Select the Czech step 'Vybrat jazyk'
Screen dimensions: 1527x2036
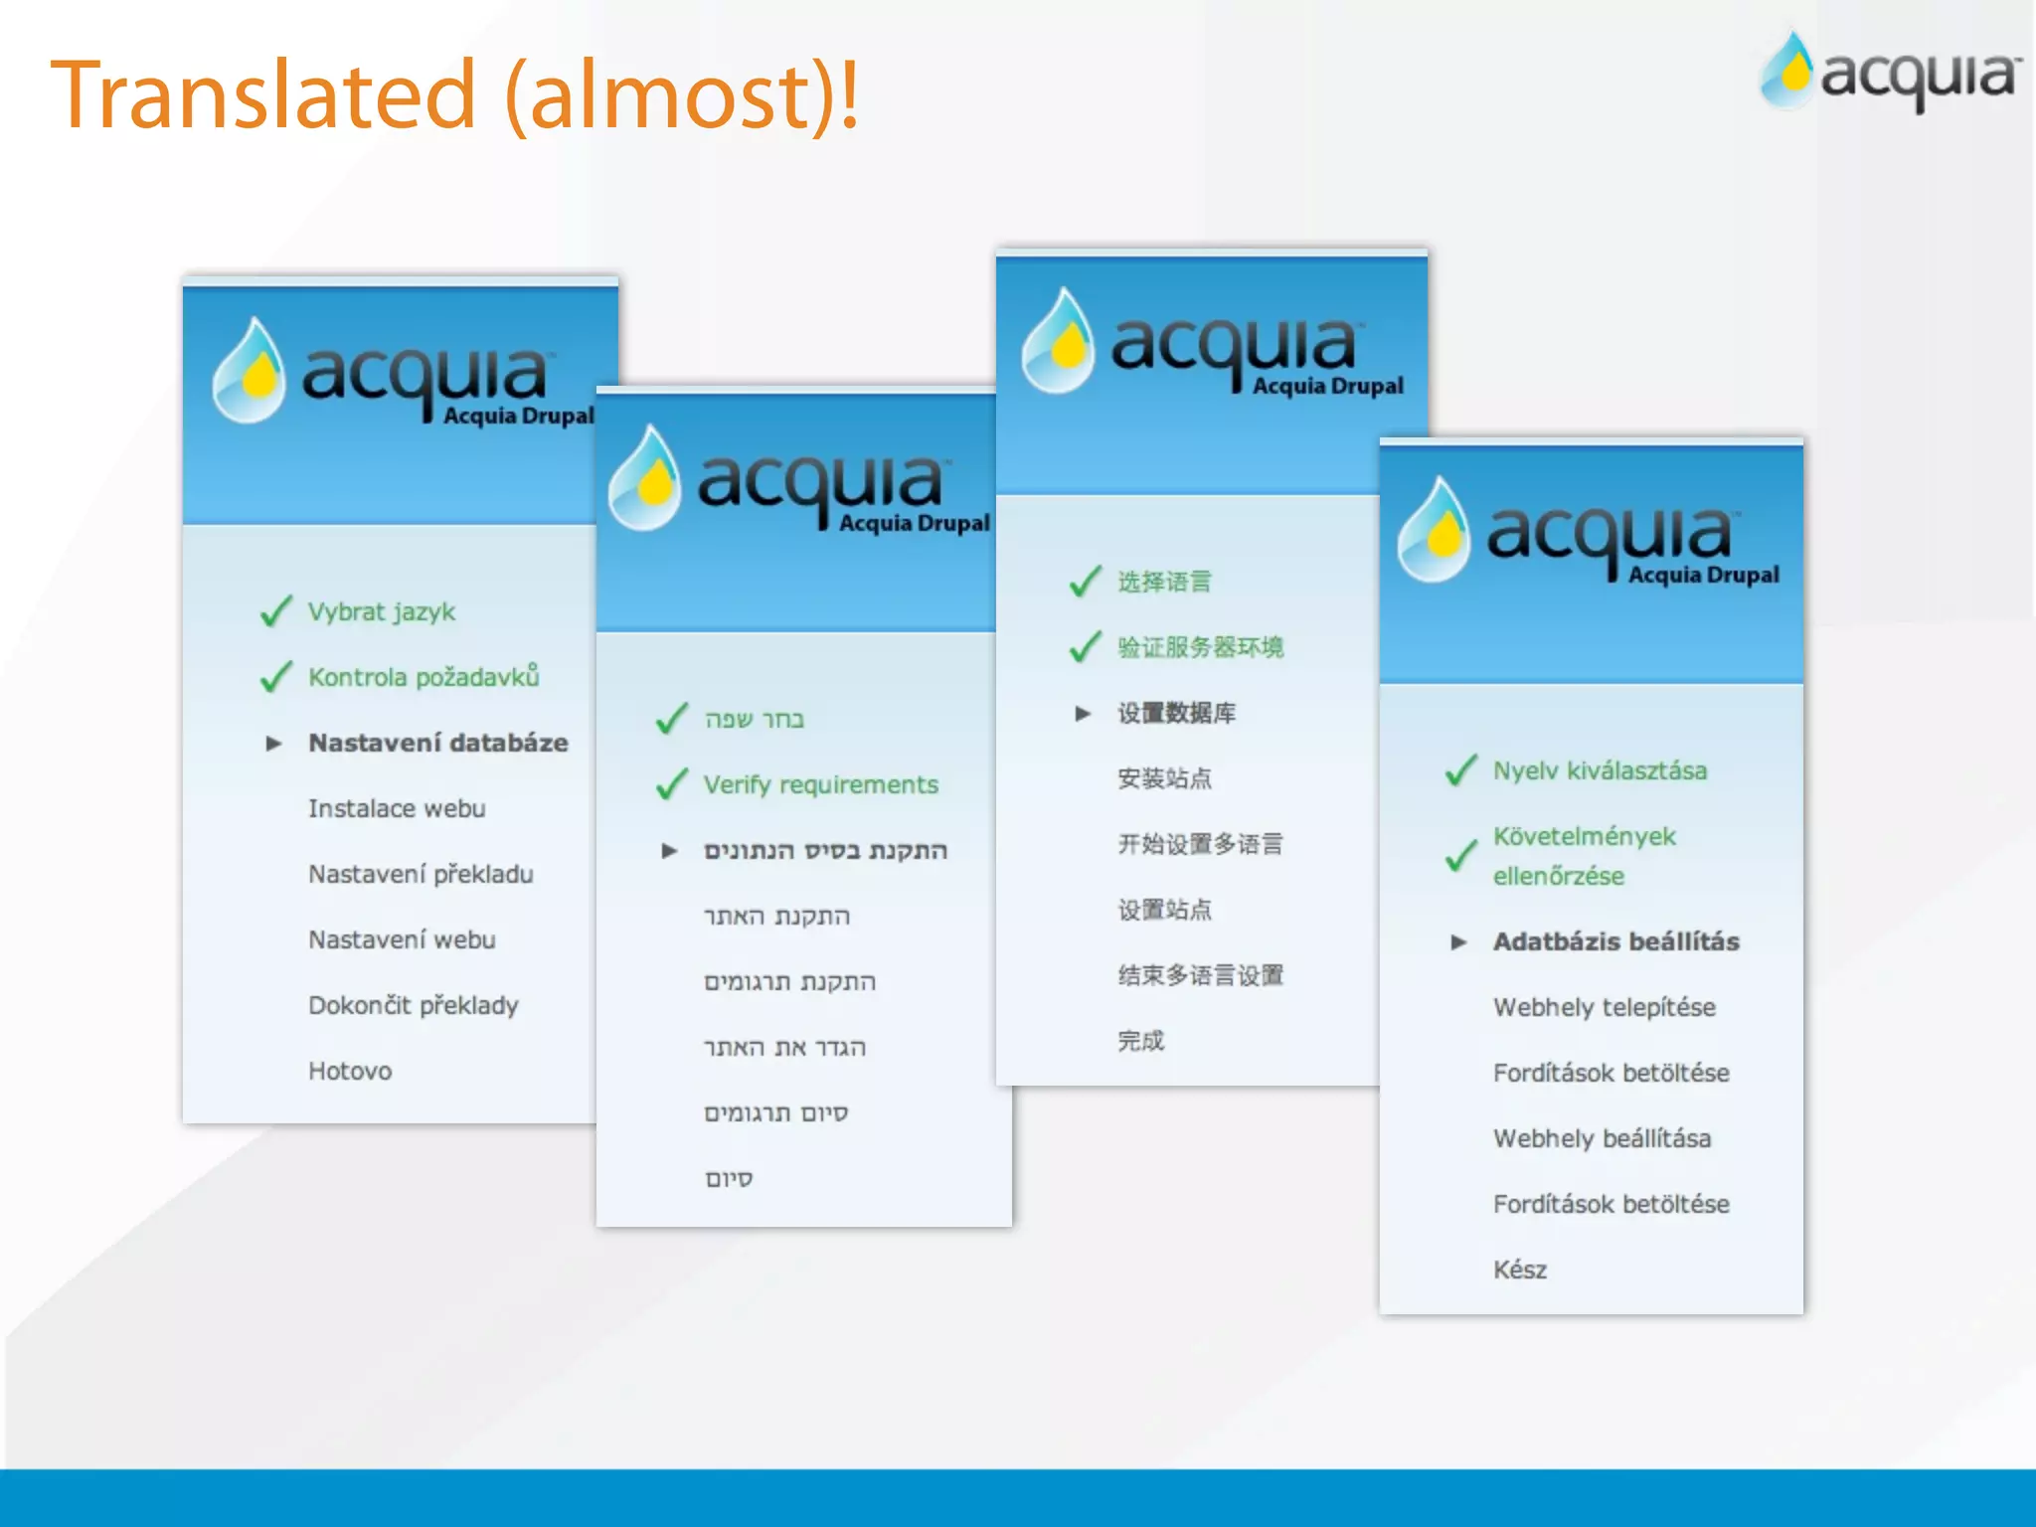click(381, 611)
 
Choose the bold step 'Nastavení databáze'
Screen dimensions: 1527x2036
click(437, 743)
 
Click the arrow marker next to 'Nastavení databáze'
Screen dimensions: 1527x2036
click(274, 744)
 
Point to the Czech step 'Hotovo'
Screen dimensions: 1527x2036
click(350, 1071)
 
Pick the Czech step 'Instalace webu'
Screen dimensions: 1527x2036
click(397, 808)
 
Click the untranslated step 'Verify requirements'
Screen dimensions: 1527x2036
click(820, 784)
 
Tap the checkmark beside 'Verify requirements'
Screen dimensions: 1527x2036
click(672, 784)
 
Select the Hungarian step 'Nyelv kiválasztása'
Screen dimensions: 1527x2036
click(1600, 770)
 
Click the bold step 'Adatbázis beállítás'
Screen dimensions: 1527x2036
click(1615, 941)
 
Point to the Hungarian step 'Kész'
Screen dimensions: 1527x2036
click(1519, 1270)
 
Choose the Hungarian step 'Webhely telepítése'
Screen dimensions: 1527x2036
click(1604, 1007)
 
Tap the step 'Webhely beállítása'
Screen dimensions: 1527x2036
click(1602, 1138)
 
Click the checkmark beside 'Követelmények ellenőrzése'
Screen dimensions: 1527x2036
click(1460, 855)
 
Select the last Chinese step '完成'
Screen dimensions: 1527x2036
click(1140, 1041)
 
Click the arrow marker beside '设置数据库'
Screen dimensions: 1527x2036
click(1083, 714)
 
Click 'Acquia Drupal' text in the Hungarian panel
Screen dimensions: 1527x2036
click(1703, 575)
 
